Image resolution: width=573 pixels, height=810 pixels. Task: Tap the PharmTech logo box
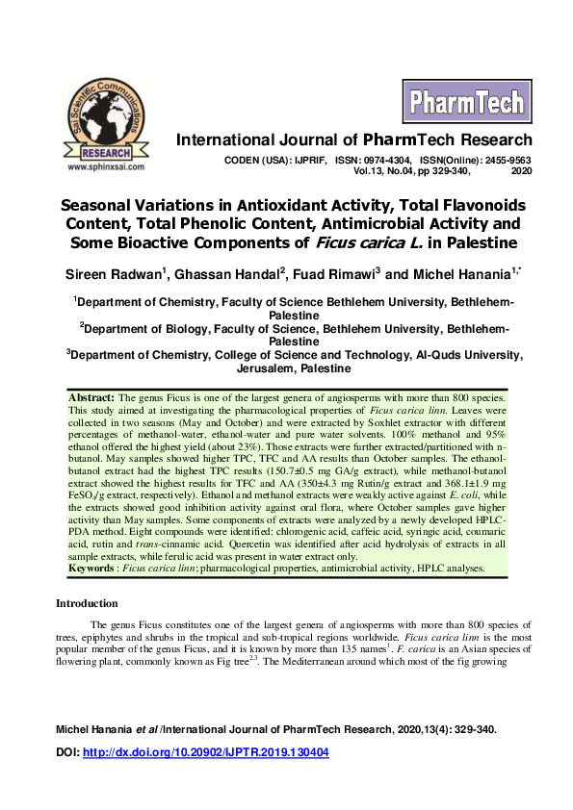click(466, 102)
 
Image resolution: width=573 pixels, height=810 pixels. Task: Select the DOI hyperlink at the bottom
click(220, 752)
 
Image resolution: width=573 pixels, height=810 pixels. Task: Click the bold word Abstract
click(91, 397)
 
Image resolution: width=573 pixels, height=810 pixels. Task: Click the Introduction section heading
click(87, 604)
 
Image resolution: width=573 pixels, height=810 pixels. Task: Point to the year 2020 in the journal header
click(521, 170)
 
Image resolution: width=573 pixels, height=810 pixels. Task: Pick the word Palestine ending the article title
click(480, 241)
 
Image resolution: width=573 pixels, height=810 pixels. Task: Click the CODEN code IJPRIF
click(308, 159)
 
